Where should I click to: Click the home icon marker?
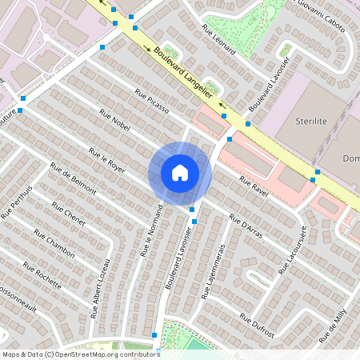point(179,173)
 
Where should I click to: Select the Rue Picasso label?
point(152,102)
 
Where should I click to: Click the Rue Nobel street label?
point(115,122)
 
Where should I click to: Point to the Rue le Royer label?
point(107,160)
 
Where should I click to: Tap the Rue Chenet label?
point(68,216)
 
